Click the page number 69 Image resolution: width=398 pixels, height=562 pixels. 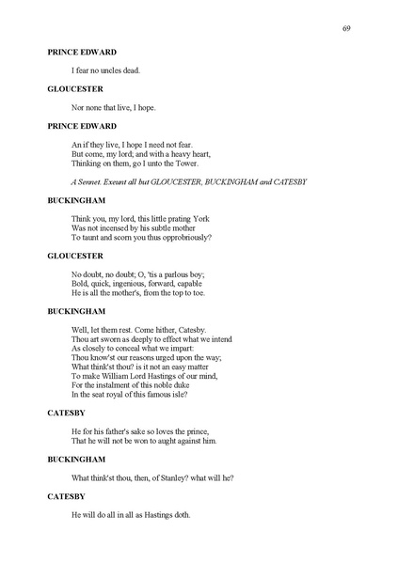[346, 29]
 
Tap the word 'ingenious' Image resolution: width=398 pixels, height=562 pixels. [131, 283]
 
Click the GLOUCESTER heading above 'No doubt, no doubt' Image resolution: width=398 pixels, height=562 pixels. [76, 255]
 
